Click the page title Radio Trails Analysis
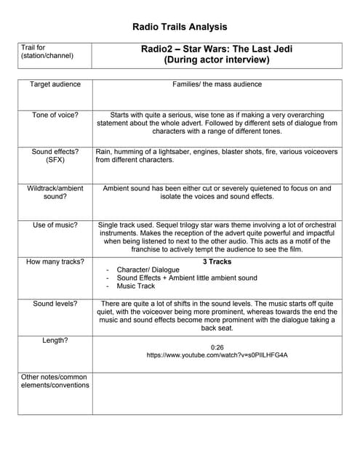click(x=180, y=27)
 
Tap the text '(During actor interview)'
click(x=217, y=60)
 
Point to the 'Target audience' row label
click(x=55, y=84)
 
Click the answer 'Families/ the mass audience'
click(x=217, y=84)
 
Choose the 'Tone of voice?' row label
click(x=55, y=115)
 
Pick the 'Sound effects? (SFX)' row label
click(x=55, y=155)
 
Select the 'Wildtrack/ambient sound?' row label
click(x=55, y=192)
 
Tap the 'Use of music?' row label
click(x=55, y=225)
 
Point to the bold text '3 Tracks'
click(x=217, y=262)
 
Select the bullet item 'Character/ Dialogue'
click(x=148, y=270)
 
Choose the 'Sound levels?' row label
click(x=55, y=304)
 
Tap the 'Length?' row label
click(x=55, y=339)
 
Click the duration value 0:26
click(x=217, y=347)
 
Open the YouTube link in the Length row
click(x=217, y=356)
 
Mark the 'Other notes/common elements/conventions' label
click(x=55, y=381)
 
